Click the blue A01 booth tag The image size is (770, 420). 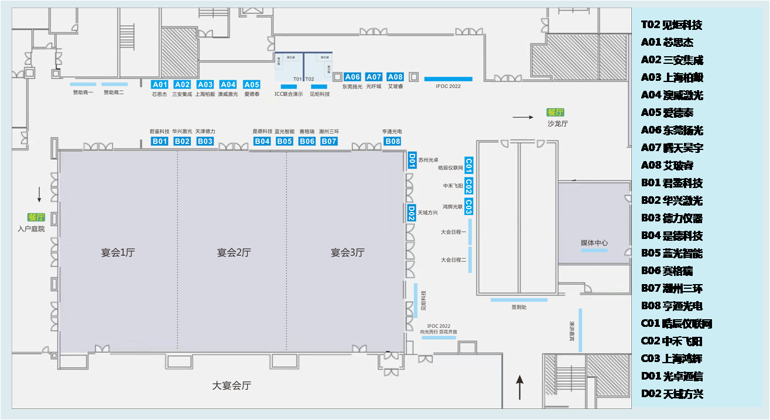tap(160, 84)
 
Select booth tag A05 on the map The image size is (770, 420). tap(251, 84)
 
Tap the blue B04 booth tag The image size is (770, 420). tap(262, 141)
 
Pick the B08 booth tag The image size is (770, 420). tap(392, 141)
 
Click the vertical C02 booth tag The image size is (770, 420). tap(468, 186)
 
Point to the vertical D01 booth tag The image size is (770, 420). tap(412, 161)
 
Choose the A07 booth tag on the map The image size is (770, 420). tap(374, 77)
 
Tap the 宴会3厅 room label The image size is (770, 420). tap(347, 252)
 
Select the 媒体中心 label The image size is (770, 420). tap(594, 243)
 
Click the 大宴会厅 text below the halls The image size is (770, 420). tap(231, 385)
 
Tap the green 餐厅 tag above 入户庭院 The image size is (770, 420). tap(36, 217)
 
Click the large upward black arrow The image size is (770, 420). tap(519, 387)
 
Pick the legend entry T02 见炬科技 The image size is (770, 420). tap(671, 25)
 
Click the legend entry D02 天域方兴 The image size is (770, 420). tap(672, 394)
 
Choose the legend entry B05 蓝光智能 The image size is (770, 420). tap(672, 253)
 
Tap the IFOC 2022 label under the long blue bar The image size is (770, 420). tap(448, 86)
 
